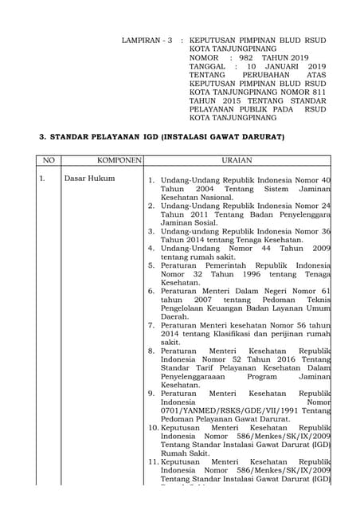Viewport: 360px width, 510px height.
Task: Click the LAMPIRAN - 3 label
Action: (147, 40)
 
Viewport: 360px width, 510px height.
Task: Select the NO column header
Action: (49, 161)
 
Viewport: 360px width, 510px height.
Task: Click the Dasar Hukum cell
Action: (89, 178)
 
